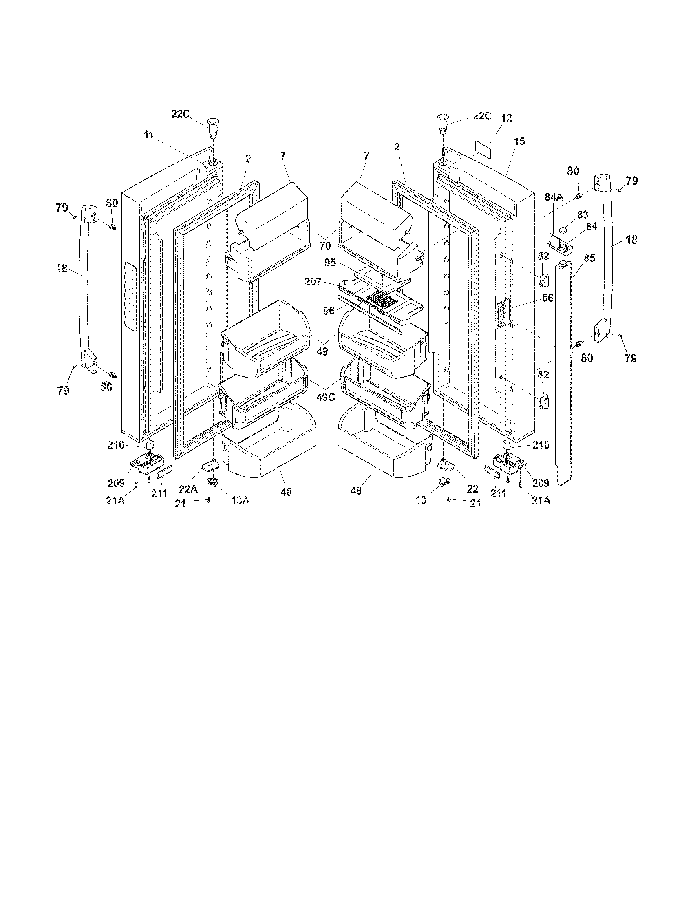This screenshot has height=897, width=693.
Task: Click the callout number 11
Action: point(149,135)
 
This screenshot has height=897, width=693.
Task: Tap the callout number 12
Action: point(507,118)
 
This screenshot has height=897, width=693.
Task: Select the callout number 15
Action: point(519,141)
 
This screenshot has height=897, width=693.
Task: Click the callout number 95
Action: point(331,263)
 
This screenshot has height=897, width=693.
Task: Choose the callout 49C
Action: point(325,398)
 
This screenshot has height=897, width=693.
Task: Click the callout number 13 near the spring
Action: point(421,500)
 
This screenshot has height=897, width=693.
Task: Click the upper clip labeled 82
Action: point(543,281)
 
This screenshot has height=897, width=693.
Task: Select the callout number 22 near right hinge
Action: point(472,489)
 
